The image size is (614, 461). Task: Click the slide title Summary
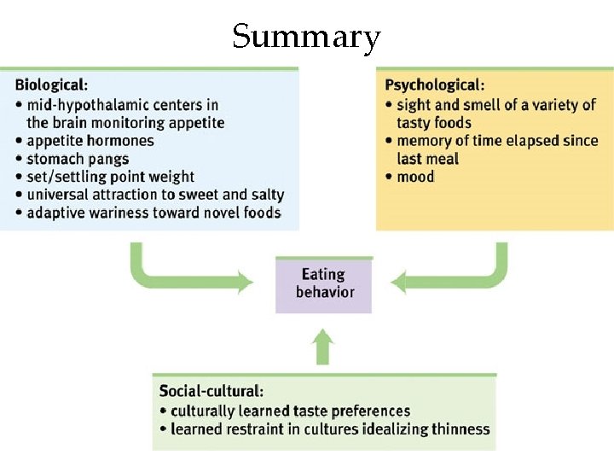click(x=306, y=37)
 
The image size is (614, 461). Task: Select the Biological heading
click(x=50, y=85)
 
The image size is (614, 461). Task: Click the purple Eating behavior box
click(x=324, y=284)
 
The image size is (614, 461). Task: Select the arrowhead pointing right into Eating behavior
click(x=245, y=281)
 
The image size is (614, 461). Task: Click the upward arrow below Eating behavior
click(x=322, y=347)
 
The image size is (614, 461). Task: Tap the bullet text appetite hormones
click(x=90, y=141)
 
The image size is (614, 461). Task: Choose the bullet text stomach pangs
click(x=78, y=159)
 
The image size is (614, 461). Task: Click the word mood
click(x=415, y=178)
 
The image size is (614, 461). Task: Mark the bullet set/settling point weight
click(x=110, y=177)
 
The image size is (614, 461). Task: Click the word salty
click(x=265, y=195)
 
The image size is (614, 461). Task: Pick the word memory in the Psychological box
click(x=424, y=141)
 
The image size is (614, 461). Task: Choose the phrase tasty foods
click(x=434, y=123)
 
